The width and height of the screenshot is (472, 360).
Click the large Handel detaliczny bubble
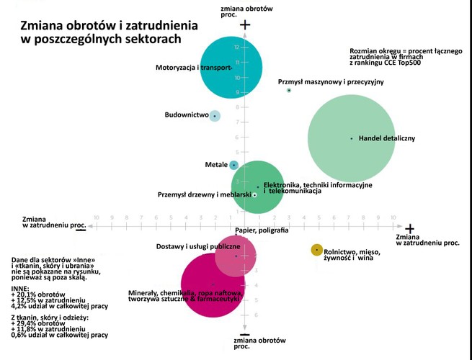351,138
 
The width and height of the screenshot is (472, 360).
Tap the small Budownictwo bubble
214,115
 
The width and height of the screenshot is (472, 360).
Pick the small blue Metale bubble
233,165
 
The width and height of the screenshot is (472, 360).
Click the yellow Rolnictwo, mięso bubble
316,250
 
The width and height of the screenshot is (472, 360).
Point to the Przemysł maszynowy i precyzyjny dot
289,91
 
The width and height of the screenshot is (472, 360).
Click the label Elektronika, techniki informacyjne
317,186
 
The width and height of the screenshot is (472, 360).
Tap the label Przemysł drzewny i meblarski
204,195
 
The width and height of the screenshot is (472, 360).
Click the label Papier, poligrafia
262,230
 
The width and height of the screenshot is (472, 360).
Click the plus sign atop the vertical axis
245,25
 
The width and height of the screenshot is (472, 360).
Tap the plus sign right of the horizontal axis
410,228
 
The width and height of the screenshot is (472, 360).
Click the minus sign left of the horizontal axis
81,229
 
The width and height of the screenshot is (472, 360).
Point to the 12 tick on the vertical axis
237,48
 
